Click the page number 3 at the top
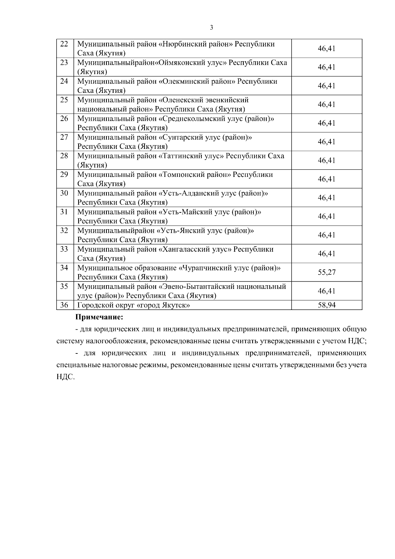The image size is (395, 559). pos(211,28)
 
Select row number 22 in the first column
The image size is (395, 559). pos(64,44)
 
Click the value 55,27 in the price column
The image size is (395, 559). pos(327,272)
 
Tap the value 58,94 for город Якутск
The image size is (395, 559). pos(327,305)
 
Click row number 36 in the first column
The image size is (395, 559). pos(64,305)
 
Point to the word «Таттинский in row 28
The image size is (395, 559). pos(180,156)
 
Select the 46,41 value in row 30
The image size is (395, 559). pos(327,198)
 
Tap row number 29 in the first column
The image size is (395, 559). pos(64,175)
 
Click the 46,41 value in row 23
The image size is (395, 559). pos(327,67)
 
